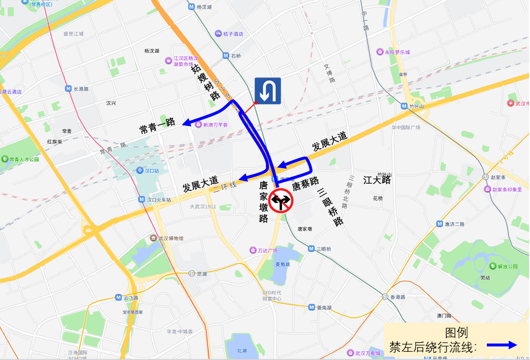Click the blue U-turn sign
click(x=268, y=91)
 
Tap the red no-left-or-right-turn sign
click(x=281, y=200)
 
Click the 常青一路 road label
click(x=157, y=126)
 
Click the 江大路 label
click(x=377, y=180)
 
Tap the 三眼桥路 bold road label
click(x=331, y=206)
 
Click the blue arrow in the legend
click(x=502, y=345)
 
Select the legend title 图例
click(x=456, y=333)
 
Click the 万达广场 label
click(x=267, y=250)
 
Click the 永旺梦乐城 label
click(x=397, y=52)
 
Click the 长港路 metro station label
click(x=81, y=89)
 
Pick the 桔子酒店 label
click(x=233, y=34)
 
